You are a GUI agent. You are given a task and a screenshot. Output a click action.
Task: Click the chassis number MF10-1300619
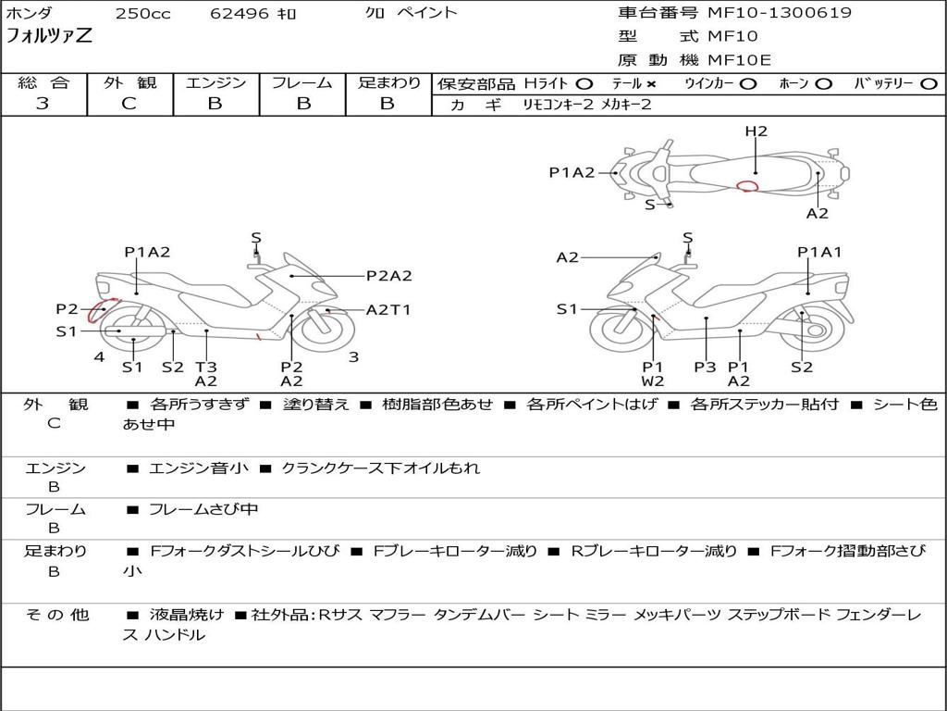click(780, 13)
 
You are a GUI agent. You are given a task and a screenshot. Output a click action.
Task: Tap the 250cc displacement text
click(143, 13)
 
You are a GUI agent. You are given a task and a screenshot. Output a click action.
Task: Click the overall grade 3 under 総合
click(43, 103)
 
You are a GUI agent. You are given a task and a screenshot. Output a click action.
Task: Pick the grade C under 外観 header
click(129, 103)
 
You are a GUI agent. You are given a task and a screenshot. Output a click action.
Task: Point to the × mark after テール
click(650, 84)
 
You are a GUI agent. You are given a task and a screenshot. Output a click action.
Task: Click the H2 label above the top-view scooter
click(756, 131)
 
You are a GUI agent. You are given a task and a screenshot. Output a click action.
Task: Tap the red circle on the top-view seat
click(747, 186)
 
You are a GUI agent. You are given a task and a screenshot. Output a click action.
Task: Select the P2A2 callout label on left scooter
click(389, 276)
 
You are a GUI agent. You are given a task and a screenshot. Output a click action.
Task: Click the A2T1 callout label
click(388, 309)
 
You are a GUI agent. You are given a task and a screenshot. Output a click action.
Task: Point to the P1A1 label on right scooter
click(819, 252)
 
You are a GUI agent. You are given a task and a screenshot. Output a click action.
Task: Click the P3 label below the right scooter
click(705, 367)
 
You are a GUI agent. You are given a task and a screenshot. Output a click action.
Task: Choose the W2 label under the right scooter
click(653, 380)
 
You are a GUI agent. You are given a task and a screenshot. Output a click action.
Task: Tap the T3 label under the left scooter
click(206, 367)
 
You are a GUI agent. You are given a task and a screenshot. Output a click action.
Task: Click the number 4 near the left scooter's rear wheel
click(99, 356)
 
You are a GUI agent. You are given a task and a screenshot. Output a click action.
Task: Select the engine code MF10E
click(739, 60)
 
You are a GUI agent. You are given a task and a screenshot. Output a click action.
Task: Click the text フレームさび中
click(203, 509)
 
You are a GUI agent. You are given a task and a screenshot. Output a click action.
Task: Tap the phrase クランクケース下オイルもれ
click(380, 468)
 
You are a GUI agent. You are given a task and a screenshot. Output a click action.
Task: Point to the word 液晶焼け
click(187, 615)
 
